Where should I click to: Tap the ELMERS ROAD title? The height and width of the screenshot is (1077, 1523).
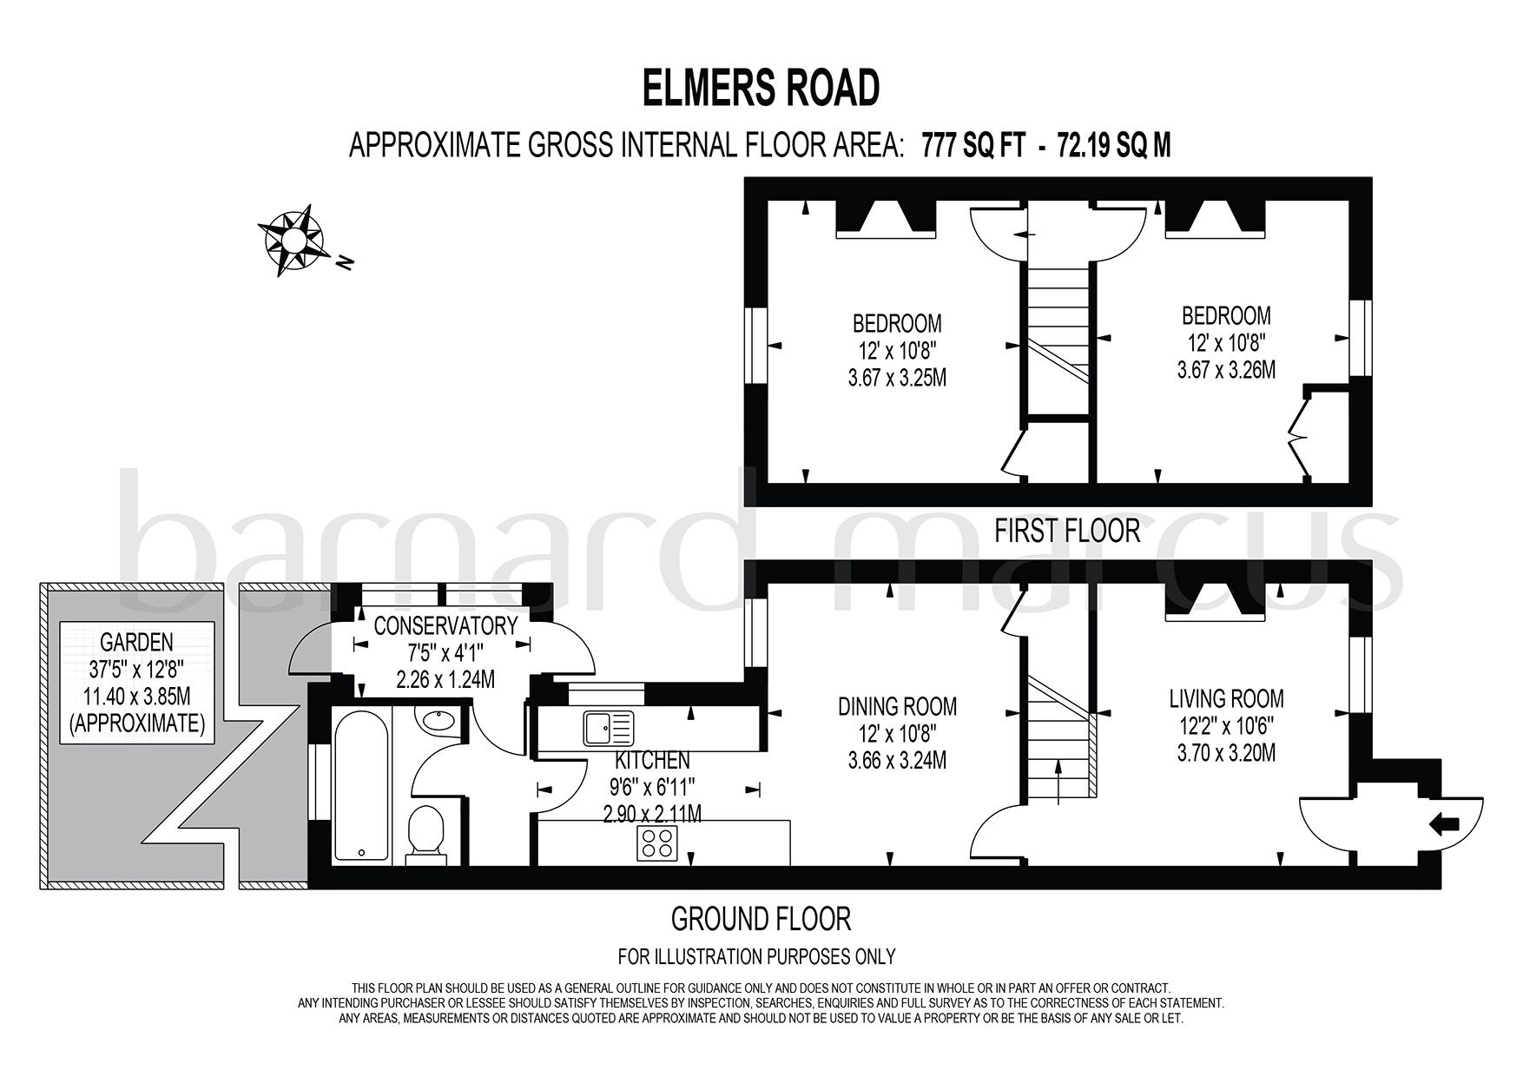point(761,89)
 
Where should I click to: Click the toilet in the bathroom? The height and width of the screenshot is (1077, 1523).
point(426,834)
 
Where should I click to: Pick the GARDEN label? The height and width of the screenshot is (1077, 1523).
point(136,642)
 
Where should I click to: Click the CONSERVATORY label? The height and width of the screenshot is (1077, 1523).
point(445,625)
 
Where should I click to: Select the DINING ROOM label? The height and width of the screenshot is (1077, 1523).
point(897,705)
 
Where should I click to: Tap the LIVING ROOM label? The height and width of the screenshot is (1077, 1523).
point(1226,697)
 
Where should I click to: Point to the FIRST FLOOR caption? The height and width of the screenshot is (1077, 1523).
point(1067,530)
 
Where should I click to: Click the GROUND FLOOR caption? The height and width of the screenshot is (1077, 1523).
point(761,917)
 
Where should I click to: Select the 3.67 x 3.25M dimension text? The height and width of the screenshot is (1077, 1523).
point(897,380)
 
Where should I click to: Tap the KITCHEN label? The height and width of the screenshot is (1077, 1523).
point(652,761)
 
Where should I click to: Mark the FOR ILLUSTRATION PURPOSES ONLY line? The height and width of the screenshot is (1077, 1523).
point(756,957)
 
